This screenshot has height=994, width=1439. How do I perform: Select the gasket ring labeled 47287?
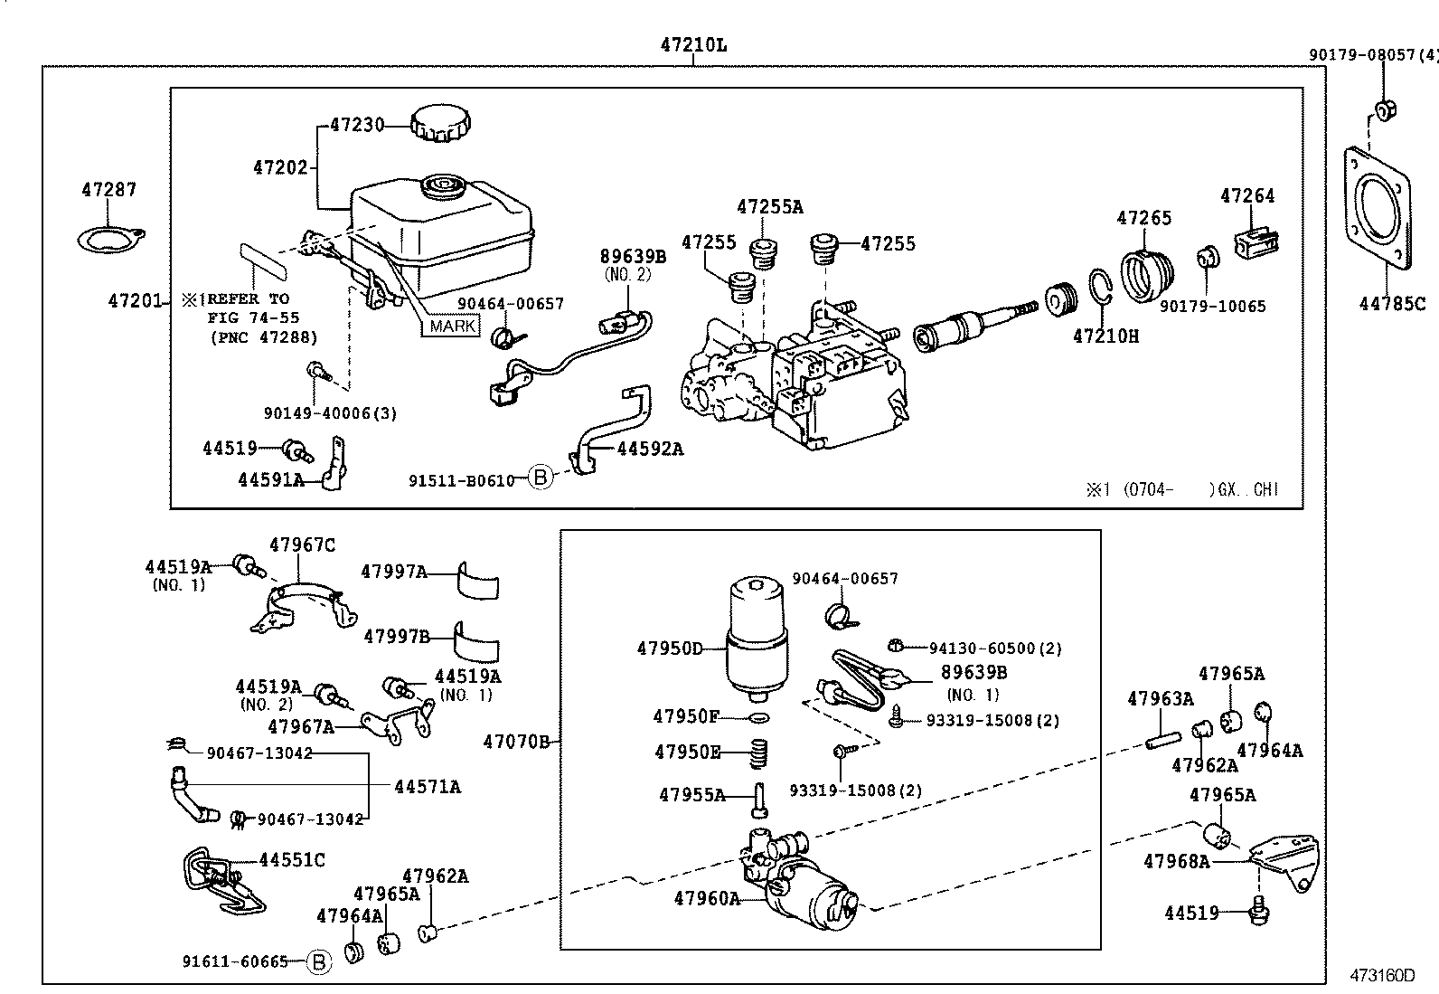point(109,240)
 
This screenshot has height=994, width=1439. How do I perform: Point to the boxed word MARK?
point(453,327)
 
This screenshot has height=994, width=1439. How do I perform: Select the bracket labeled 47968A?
point(1287,860)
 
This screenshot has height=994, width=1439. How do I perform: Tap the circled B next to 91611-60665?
point(317,962)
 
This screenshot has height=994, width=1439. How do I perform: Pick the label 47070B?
point(516,743)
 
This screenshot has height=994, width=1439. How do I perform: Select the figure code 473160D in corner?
point(1381,976)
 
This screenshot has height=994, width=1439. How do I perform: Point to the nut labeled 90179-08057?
point(1383,111)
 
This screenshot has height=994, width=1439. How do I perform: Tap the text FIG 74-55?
point(253,318)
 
